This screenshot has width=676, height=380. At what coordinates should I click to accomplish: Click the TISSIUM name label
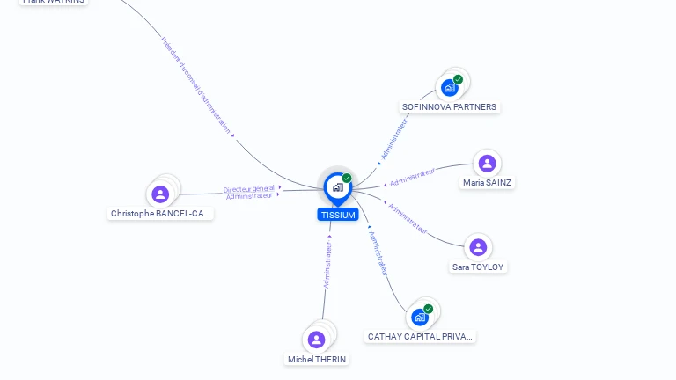338,215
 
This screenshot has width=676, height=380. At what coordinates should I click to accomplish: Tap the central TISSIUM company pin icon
337,187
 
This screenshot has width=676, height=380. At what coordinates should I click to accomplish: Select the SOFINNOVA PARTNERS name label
449,107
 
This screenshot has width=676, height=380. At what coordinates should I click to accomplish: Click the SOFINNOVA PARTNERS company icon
450,87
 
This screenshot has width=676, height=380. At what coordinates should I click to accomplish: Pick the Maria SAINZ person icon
487,164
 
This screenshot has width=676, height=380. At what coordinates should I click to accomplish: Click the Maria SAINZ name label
488,183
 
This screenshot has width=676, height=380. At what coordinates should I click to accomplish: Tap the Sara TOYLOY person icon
478,247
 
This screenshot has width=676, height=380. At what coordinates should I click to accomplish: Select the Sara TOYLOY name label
479,267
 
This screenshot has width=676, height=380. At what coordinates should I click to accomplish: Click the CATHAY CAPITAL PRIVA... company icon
420,317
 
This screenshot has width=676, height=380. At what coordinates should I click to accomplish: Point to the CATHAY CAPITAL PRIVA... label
421,336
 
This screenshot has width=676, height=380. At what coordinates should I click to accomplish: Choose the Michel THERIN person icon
317,340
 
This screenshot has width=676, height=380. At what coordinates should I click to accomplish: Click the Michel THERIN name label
317,359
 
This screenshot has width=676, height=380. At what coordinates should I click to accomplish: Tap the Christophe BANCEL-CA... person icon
160,194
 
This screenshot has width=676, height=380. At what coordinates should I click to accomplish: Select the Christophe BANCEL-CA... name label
161,213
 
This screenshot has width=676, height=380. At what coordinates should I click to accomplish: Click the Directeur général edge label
249,189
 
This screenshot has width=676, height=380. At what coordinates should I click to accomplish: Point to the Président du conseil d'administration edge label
197,85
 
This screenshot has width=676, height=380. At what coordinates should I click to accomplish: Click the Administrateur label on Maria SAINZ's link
413,177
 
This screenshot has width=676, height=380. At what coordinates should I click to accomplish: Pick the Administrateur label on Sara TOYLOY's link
408,220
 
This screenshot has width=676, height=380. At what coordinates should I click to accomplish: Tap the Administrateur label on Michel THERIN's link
327,266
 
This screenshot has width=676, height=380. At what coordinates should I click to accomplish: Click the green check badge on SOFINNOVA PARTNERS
458,79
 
